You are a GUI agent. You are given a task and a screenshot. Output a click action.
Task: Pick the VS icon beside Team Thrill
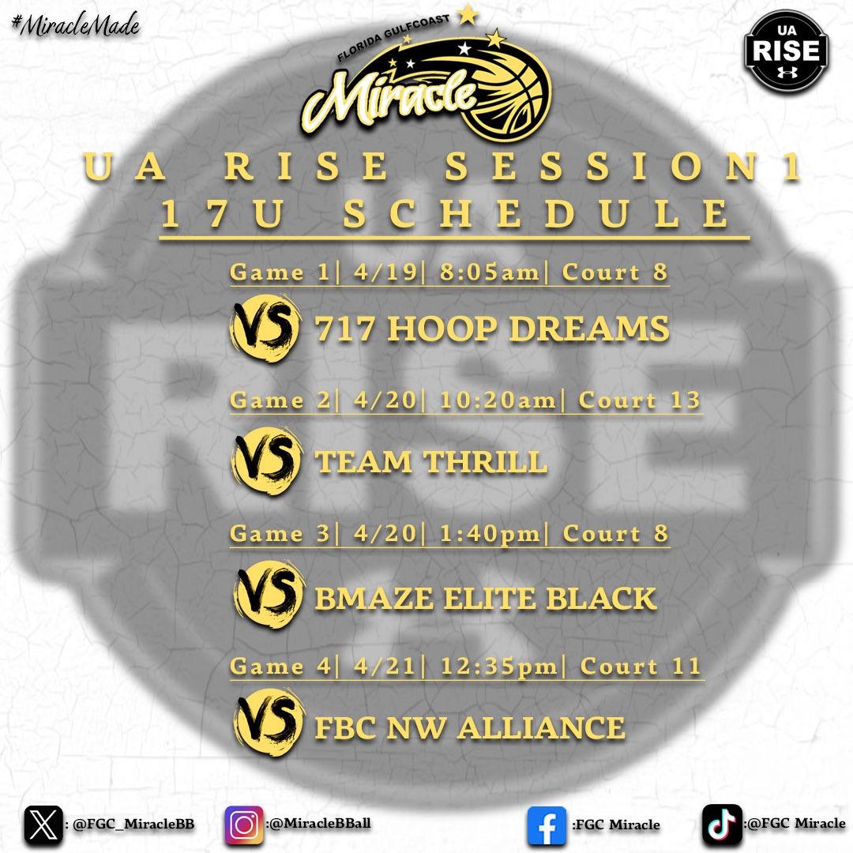[x=265, y=460]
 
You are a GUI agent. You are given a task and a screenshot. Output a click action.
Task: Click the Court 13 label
[x=640, y=400]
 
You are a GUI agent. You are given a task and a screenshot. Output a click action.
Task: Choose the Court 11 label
[x=641, y=666]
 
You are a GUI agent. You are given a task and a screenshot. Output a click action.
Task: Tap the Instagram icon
[x=245, y=825]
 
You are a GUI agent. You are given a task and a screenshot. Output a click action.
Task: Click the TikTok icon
[x=722, y=825]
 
